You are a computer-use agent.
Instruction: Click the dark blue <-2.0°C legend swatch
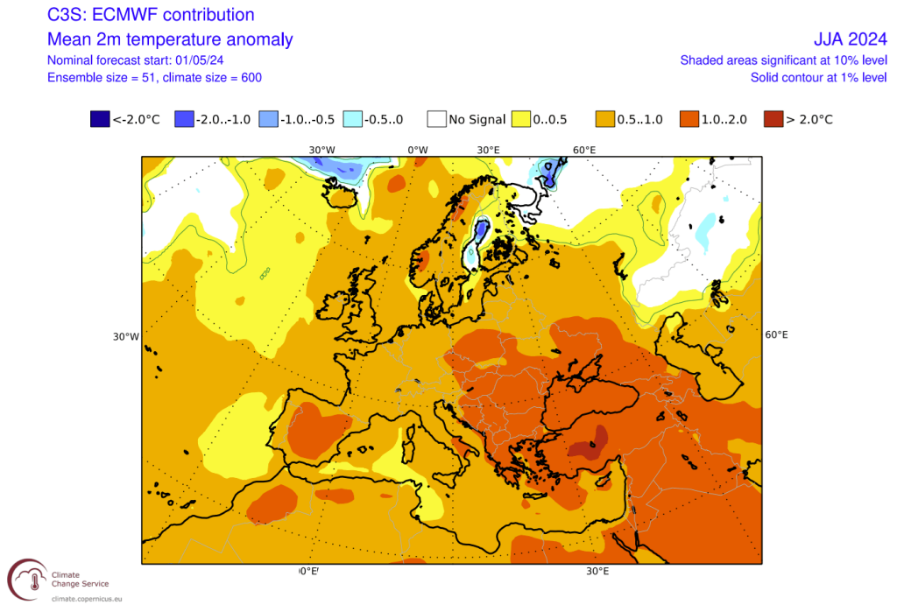pos(99,119)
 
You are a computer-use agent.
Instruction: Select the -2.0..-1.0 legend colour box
pos(184,119)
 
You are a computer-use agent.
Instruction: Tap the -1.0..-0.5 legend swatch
pos(269,119)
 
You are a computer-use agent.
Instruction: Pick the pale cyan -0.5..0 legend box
pos(355,119)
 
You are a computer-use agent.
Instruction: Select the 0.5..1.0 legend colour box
pos(605,119)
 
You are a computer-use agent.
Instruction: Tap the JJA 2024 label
pos(850,39)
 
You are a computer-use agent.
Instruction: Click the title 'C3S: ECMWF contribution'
pos(151,15)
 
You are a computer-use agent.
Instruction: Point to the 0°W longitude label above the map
pos(418,150)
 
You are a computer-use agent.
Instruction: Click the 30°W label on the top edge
pos(322,150)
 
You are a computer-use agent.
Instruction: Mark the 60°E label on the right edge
pos(776,335)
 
